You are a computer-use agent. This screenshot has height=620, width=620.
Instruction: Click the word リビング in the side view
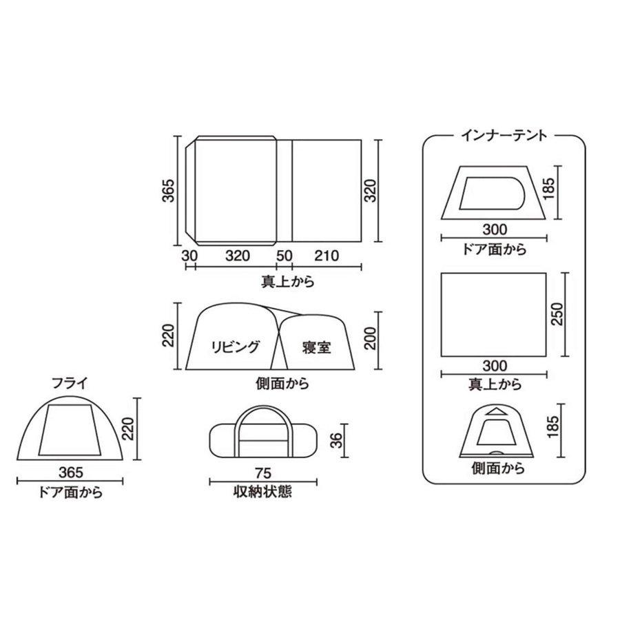235,347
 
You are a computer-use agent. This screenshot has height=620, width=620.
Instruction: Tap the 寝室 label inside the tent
316,347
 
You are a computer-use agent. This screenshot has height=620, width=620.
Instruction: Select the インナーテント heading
504,135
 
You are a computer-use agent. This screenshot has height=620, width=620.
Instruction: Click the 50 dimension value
283,256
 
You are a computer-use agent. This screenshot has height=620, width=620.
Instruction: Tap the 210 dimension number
326,256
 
